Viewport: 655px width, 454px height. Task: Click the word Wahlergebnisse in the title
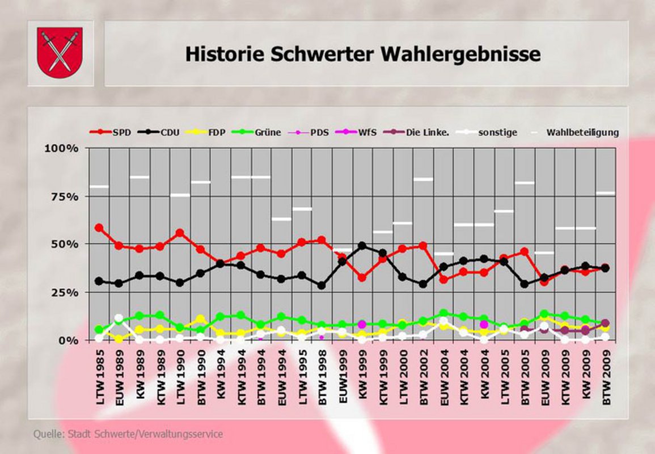pyautogui.click(x=460, y=54)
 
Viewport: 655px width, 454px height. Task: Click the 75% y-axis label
pyautogui.click(x=64, y=196)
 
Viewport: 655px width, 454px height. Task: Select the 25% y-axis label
pyautogui.click(x=64, y=292)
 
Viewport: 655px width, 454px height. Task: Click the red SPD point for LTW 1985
pyautogui.click(x=99, y=228)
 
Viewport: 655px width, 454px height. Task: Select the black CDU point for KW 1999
pyautogui.click(x=362, y=246)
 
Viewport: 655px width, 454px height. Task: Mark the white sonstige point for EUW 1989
pyautogui.click(x=119, y=318)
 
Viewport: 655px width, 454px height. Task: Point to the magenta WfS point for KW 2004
pyautogui.click(x=484, y=325)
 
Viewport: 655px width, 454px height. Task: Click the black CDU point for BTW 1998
pyautogui.click(x=322, y=285)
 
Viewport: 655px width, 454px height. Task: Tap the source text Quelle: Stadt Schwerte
pyautogui.click(x=128, y=434)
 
